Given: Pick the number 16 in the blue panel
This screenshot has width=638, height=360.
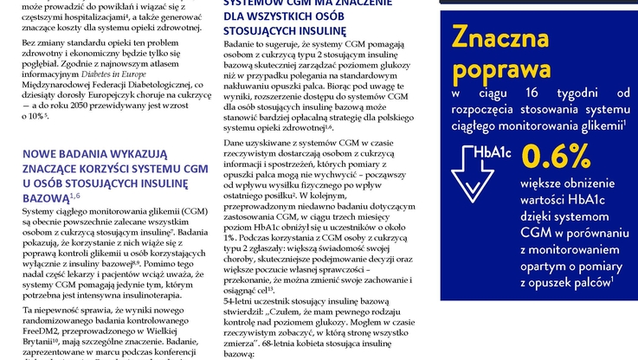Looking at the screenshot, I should pos(531,93).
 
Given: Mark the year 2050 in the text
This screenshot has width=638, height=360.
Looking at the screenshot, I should pos(96,105).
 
